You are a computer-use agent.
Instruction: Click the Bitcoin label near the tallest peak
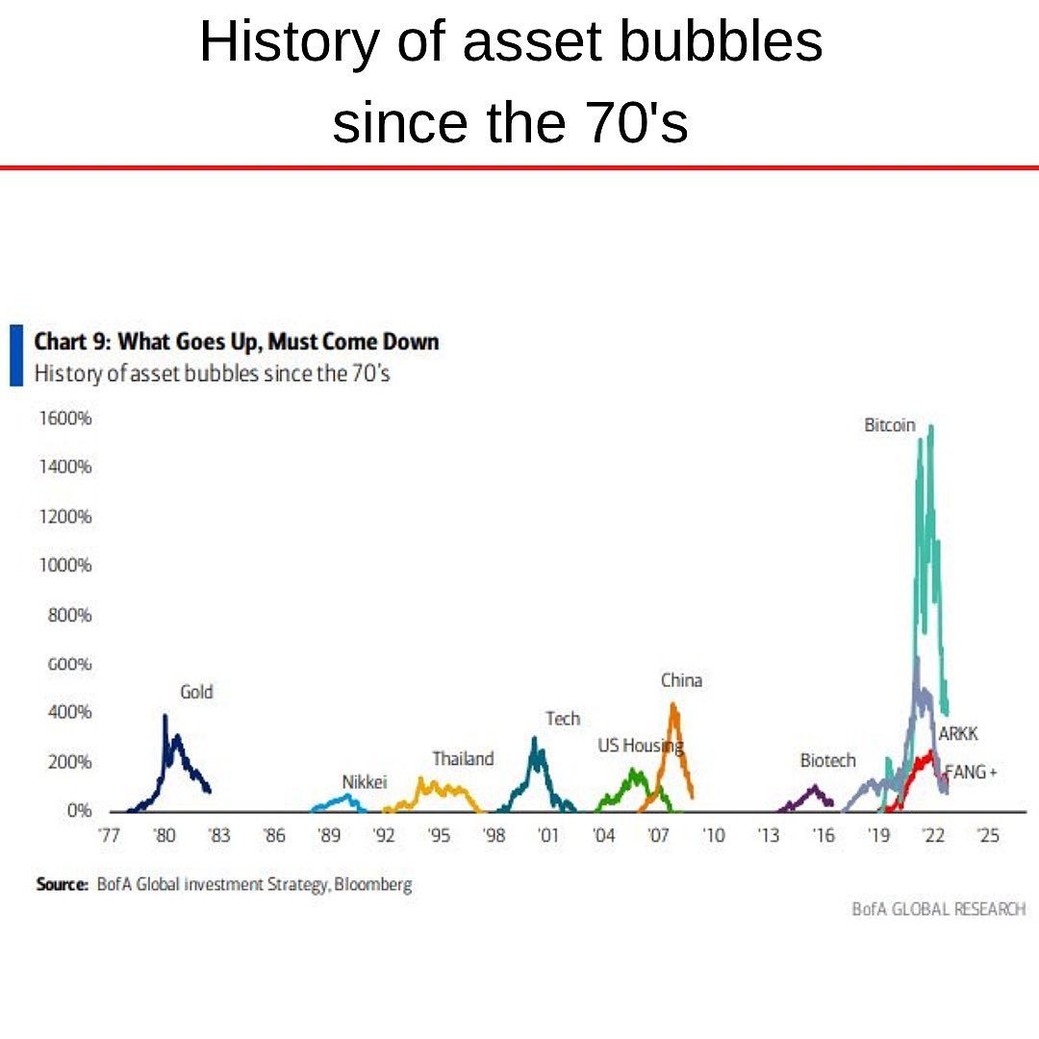click(889, 425)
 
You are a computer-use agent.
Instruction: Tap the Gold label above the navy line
click(196, 692)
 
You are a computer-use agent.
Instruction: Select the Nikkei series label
click(364, 782)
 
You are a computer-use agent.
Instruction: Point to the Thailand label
click(463, 758)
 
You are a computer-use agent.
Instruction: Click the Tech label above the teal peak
click(563, 719)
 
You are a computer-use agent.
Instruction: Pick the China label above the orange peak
click(681, 680)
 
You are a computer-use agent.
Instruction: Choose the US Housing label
click(640, 746)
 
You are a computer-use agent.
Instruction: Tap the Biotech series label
click(827, 760)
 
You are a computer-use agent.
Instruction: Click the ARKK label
click(958, 734)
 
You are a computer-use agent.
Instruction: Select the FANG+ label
click(971, 772)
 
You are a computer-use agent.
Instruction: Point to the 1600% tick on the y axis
click(65, 419)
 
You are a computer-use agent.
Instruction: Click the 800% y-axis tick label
click(70, 616)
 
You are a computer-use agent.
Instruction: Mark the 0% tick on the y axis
click(79, 811)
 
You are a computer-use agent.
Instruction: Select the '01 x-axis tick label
click(549, 837)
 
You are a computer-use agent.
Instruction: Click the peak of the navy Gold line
click(165, 716)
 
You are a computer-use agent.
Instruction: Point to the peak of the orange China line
click(672, 704)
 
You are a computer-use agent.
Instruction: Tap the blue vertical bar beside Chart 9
click(15, 355)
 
